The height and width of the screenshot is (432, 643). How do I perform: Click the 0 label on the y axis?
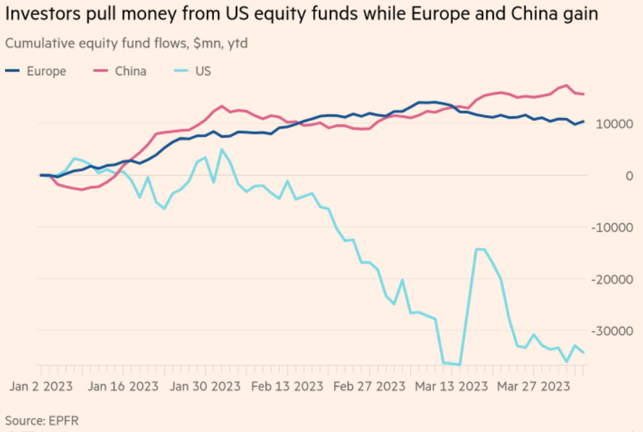coord(630,176)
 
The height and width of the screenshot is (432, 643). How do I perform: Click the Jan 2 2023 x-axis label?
coord(41,386)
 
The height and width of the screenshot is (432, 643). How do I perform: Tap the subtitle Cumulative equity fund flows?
coord(127,43)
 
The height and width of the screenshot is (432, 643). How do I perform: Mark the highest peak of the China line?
coord(566,85)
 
